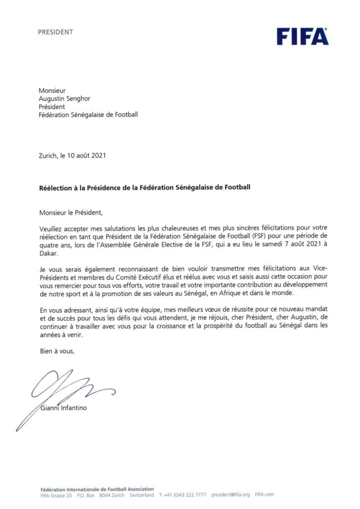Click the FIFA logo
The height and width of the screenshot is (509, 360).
[302, 36]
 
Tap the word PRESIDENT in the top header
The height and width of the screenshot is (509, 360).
[56, 32]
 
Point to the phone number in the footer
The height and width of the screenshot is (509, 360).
[184, 495]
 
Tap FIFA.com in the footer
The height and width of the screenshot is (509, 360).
[264, 495]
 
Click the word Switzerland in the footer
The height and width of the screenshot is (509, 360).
[142, 495]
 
